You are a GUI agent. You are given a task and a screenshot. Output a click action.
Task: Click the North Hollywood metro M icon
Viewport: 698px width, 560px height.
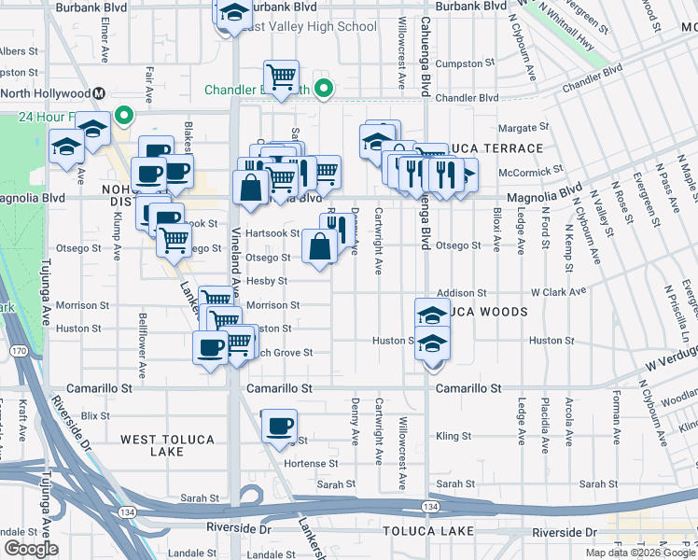[98, 93]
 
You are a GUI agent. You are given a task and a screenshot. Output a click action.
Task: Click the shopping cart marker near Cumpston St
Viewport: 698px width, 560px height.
[280, 76]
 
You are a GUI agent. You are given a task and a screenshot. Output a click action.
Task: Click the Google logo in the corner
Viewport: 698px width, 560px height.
[31, 549]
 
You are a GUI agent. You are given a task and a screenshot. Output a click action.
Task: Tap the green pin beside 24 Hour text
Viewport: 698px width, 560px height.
[124, 117]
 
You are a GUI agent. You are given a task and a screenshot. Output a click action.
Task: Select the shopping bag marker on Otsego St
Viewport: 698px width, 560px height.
[319, 247]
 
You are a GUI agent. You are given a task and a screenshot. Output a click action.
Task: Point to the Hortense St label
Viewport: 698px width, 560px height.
[310, 463]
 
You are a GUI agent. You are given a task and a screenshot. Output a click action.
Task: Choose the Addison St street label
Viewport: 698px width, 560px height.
[462, 293]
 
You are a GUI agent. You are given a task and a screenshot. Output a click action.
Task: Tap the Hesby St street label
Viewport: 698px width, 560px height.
[268, 280]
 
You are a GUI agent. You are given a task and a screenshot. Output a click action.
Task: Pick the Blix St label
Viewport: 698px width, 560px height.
[95, 413]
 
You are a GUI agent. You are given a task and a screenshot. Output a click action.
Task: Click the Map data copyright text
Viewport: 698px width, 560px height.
[639, 553]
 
